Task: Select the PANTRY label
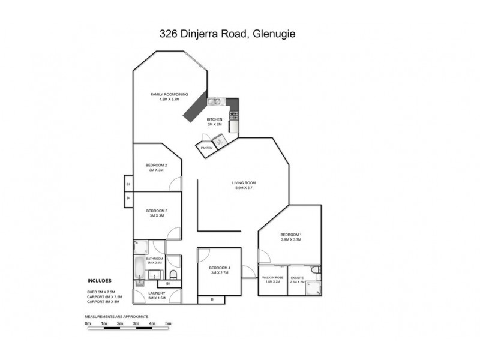(x=207, y=147)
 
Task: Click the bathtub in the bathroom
(x=139, y=263)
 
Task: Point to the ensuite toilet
(x=317, y=271)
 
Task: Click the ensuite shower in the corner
(x=312, y=287)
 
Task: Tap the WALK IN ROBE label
(x=272, y=277)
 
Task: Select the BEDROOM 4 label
(x=220, y=268)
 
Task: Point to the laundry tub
(x=140, y=283)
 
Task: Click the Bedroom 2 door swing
(x=175, y=185)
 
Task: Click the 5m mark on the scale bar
(x=169, y=324)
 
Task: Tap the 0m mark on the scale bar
(x=88, y=324)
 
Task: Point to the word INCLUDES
(x=100, y=280)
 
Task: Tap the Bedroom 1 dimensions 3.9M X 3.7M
(x=290, y=239)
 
